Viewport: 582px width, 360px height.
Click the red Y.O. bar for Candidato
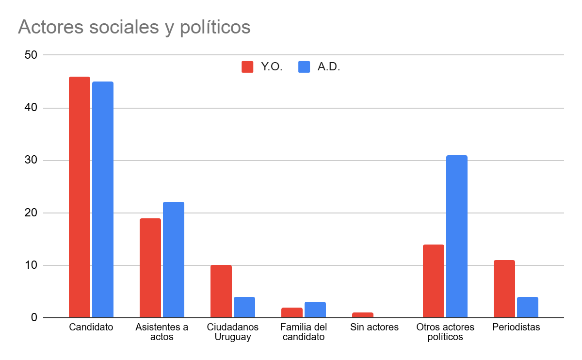point(80,197)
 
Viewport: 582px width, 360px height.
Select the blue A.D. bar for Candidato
point(103,199)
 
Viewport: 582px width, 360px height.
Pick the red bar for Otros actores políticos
point(433,281)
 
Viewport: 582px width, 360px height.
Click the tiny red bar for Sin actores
point(362,315)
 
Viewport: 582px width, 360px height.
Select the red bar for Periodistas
point(504,289)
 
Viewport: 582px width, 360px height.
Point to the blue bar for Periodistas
point(527,307)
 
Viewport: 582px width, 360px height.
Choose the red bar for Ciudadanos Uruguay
point(221,291)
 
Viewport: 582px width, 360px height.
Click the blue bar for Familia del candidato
point(315,310)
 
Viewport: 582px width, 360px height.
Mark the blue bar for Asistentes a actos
point(174,260)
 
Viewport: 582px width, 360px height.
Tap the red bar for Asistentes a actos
point(150,268)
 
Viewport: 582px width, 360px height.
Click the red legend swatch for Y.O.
point(247,67)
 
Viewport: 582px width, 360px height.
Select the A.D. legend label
point(329,67)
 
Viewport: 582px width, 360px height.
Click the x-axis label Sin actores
point(374,327)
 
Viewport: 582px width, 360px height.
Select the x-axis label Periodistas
point(516,327)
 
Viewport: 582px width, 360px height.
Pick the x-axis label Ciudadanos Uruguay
point(233,332)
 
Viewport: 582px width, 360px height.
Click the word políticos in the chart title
point(215,28)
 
